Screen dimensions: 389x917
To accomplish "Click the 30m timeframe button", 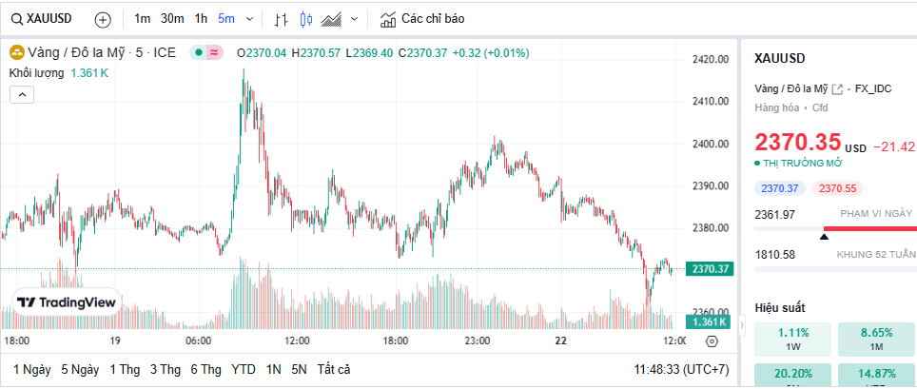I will click(172, 19).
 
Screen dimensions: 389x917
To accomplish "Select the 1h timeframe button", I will click(201, 19).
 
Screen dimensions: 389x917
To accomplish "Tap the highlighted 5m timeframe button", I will click(226, 19).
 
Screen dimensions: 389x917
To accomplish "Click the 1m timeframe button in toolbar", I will click(142, 19).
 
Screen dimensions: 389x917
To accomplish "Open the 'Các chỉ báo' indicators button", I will click(421, 19).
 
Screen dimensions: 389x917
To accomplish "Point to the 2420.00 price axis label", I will click(710, 60).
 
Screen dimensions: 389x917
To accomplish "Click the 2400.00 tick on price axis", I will click(710, 145).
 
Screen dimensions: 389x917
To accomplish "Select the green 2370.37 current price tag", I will click(712, 269).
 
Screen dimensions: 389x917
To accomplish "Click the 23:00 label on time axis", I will click(478, 340).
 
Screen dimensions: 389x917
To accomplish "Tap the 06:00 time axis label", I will click(198, 340).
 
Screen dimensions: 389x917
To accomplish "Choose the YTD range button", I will click(244, 369).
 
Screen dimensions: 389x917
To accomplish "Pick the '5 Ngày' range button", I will click(80, 369).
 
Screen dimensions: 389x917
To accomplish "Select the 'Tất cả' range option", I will click(334, 369).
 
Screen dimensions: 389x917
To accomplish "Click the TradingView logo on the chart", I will click(67, 302).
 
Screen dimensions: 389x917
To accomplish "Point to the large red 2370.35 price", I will click(797, 143).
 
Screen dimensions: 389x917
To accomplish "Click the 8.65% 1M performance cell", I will click(876, 340).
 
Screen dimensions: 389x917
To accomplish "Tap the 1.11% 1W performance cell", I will click(792, 340).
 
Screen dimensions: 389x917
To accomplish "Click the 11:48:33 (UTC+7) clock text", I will click(681, 369).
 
